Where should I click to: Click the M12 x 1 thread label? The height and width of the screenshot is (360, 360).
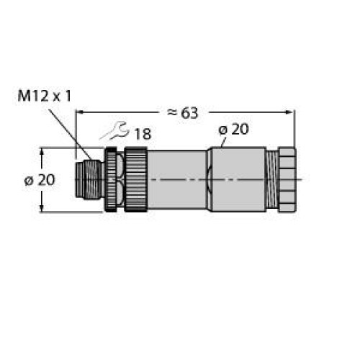45,96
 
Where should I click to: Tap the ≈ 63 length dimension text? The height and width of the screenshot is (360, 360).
183,112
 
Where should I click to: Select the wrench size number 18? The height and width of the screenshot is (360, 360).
143,134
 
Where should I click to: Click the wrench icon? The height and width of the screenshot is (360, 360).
114,131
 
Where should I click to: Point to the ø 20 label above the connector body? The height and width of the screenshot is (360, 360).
233,130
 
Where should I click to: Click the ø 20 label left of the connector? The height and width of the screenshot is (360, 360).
40,180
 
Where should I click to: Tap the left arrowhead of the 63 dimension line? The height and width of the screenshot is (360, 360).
80,112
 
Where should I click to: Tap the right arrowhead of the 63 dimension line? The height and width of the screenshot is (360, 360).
290,112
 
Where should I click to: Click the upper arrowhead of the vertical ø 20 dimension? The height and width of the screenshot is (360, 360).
42,152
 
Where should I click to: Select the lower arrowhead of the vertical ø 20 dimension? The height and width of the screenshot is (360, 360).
42,208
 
